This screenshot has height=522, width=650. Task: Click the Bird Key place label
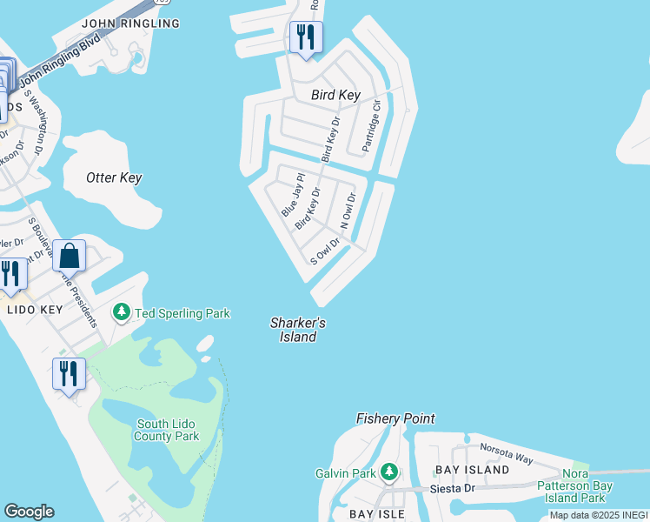[335, 95]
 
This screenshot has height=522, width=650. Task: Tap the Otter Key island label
[114, 177]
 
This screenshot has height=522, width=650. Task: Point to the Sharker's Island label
[298, 330]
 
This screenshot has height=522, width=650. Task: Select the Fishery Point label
[395, 418]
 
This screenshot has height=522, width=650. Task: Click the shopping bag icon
[69, 256]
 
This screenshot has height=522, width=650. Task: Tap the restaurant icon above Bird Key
[305, 37]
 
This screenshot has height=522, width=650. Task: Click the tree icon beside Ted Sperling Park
[123, 311]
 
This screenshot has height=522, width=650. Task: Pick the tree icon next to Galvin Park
[390, 473]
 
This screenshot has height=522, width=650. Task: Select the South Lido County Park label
[168, 431]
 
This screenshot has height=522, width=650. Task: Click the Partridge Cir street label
[371, 126]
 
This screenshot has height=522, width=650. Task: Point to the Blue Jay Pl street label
[290, 196]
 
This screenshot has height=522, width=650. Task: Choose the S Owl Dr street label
[325, 252]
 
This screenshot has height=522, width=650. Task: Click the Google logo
[29, 512]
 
